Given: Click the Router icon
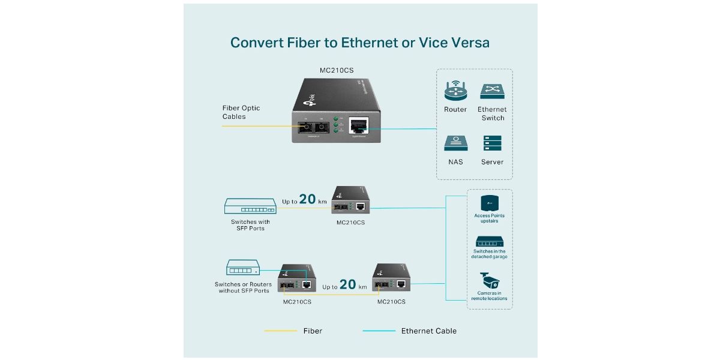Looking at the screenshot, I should point(455,91).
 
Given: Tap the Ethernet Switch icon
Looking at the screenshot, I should point(491,91).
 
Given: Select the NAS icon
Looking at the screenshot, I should point(455,143).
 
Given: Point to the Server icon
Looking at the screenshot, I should point(491,143).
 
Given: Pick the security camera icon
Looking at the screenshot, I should point(489,281).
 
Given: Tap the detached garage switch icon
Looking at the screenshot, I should point(489,241).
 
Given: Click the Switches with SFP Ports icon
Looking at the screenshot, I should point(250,206).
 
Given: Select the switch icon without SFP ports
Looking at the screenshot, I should point(242,268).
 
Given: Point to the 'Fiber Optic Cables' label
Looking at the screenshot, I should point(241,112).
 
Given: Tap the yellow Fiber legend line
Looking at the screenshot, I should point(280,331).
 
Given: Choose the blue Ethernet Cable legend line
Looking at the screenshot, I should point(379,331).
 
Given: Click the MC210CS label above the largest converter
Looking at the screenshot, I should point(336,70).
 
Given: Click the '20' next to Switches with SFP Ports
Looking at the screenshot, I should point(307,199).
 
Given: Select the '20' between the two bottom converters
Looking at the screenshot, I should point(348,284).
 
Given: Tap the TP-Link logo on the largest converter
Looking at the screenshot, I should point(312,96).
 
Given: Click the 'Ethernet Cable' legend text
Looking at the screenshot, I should point(428,331).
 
